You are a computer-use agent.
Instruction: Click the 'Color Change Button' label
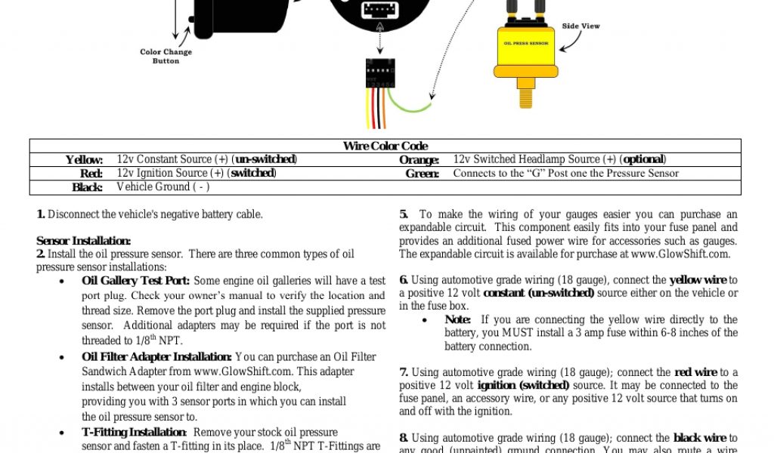(166, 57)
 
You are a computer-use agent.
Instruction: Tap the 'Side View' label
(580, 26)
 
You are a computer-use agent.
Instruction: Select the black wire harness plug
(379, 73)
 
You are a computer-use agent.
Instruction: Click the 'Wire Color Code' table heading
(385, 146)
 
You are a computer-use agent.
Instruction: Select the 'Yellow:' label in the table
(84, 160)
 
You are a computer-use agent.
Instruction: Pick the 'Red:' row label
(91, 174)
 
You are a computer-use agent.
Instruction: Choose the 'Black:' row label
(87, 187)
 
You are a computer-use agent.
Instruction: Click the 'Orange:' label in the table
(419, 160)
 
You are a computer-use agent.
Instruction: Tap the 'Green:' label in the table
(422, 174)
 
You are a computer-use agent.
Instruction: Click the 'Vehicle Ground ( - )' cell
(163, 186)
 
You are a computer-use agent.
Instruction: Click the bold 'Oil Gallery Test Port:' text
(135, 281)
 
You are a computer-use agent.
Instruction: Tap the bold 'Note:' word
(458, 319)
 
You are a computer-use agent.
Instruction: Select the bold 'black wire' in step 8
(700, 438)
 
